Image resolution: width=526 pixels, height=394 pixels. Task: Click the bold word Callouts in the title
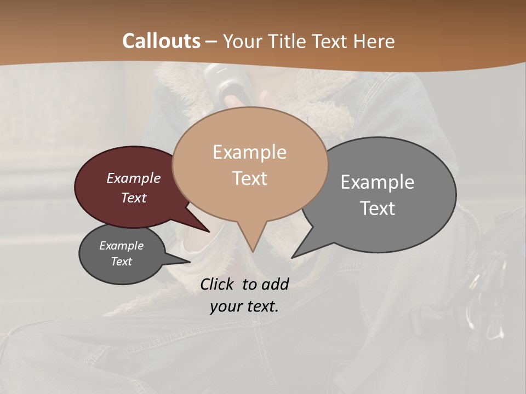pos(161,41)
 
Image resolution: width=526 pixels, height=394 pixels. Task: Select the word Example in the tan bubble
pos(249,152)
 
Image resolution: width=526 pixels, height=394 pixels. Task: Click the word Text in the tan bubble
pos(249,178)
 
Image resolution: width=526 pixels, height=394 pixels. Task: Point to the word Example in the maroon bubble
pos(134,178)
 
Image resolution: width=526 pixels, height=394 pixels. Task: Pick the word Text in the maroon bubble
pos(134,198)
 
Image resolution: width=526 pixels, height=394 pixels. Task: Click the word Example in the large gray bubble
pos(378,182)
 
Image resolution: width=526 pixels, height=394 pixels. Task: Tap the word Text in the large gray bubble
pos(378,208)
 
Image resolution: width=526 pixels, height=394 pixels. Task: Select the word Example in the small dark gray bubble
pos(121,246)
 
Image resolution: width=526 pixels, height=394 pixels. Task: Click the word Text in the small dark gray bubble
pos(121,262)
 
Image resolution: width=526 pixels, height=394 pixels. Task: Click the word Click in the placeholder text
pos(218,284)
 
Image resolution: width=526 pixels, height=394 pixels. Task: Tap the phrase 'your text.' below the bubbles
pos(244,306)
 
